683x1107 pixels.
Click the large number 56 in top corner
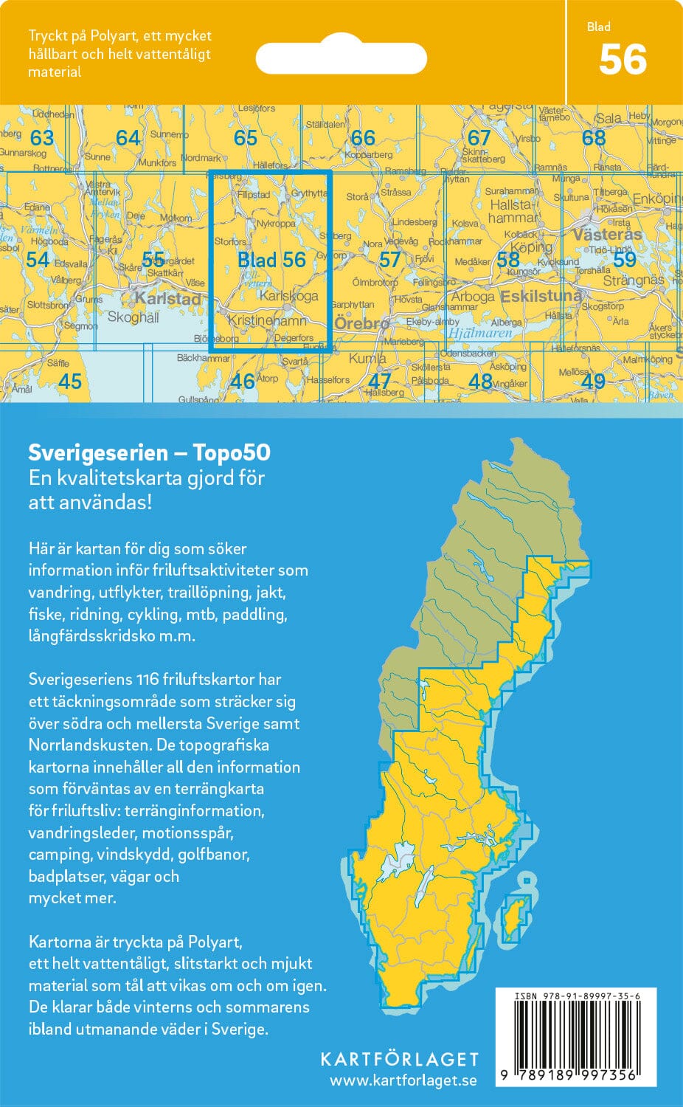coord(623,60)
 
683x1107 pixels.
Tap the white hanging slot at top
coord(341,58)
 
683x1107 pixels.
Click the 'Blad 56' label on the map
coord(271,260)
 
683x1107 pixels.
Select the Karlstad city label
coord(167,299)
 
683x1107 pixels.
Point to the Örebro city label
coord(361,323)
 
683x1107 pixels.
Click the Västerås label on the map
coord(607,235)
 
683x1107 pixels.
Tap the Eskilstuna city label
coord(541,296)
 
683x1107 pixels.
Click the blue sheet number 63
coord(42,138)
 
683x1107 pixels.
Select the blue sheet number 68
coord(594,138)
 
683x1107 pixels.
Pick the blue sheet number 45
coord(69,381)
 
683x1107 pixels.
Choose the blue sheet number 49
coord(593,381)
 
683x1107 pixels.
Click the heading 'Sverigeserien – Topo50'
coord(149,452)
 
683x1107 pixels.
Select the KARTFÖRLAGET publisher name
coord(399,1059)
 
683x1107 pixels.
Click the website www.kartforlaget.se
coord(403,1080)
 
